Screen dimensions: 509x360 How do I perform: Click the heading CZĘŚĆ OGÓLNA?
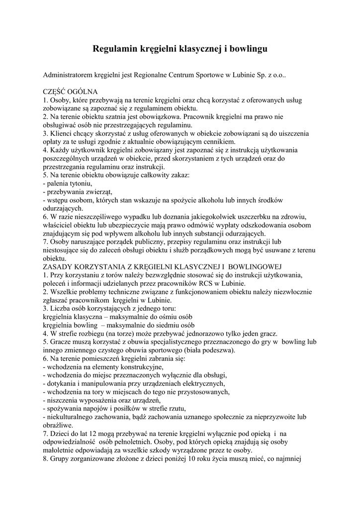[71, 92]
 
